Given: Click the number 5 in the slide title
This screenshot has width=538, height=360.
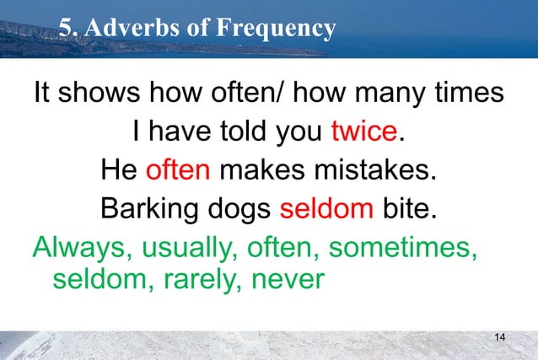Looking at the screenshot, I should [67, 29].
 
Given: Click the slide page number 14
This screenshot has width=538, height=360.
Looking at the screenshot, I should [500, 337].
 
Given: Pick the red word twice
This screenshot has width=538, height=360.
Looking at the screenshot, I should [363, 133].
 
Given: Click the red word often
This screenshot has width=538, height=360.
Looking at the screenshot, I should [178, 170].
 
